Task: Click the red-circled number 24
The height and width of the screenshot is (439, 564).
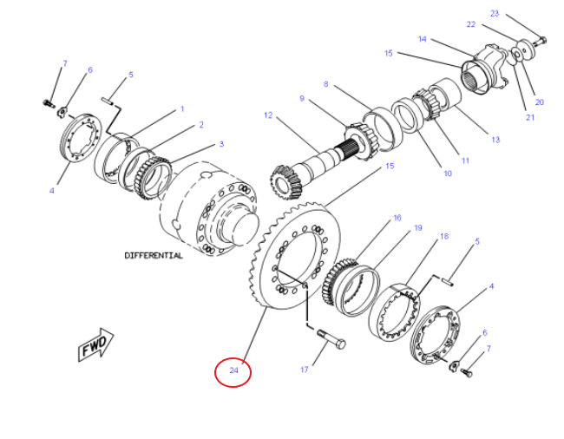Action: pos(233,371)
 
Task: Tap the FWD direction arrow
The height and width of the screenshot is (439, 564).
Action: pos(94,346)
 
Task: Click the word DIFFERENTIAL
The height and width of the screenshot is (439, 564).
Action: pos(154,256)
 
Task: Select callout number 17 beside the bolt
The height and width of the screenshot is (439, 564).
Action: pos(305,370)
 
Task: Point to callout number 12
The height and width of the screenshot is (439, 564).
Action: pos(268,115)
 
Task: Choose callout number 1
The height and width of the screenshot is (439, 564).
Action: pos(182,109)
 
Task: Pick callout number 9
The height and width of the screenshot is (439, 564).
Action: pos(301,99)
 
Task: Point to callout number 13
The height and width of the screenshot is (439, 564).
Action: pos(495,140)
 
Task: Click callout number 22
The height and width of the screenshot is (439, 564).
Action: pos(471,24)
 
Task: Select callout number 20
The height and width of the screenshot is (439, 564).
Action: pos(539,102)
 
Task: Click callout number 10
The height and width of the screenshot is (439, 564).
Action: pos(448,174)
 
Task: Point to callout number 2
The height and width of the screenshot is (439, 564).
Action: pos(200,125)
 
